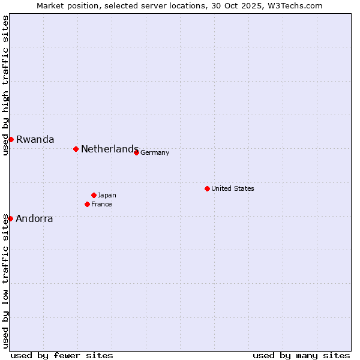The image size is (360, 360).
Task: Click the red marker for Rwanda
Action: pos(11,139)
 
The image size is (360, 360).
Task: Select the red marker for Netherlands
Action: pos(76,149)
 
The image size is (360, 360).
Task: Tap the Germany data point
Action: pos(136,152)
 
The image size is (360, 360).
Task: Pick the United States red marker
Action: pos(207,188)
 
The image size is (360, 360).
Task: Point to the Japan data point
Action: pos(94,195)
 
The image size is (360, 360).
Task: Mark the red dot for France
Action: pos(87,204)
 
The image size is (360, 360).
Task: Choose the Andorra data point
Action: pos(10,218)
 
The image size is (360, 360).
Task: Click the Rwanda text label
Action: pos(35,139)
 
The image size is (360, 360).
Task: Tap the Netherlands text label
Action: pos(109,149)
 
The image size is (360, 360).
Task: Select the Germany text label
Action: pos(155,152)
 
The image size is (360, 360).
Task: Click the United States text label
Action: pos(232,188)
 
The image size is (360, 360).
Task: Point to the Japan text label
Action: pos(107,195)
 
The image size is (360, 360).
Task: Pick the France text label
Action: pos(101,204)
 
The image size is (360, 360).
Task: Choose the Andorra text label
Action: pos(34,218)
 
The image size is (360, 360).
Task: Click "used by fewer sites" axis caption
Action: pos(62,355)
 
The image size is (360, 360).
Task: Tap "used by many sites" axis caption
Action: pos(301,355)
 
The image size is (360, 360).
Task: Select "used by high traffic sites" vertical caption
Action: pos(5,85)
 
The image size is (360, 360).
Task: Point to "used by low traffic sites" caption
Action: pos(5,280)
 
